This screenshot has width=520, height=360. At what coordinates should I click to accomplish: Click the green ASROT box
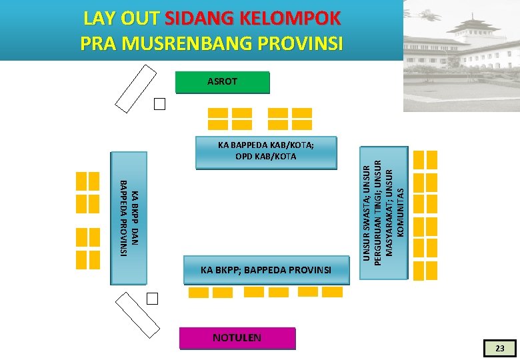(x=222, y=82)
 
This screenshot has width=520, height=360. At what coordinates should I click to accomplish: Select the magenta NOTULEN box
(x=237, y=338)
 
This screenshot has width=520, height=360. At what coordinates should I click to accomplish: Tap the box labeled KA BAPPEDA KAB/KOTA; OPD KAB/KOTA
(x=266, y=152)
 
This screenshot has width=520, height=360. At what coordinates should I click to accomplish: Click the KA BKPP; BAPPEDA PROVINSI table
(x=266, y=270)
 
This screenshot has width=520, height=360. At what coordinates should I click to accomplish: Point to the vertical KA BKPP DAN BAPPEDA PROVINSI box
(x=129, y=218)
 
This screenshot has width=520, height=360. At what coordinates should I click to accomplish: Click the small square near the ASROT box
(x=159, y=104)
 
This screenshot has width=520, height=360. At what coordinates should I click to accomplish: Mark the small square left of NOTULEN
(x=153, y=298)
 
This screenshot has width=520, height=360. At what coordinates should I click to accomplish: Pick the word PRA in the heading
(x=97, y=43)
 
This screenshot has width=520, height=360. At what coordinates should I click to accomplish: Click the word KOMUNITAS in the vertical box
(x=401, y=211)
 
